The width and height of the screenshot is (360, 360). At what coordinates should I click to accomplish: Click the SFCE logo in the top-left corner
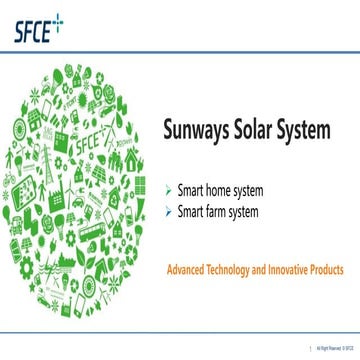(32, 27)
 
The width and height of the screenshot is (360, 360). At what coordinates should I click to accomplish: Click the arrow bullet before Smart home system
(167, 188)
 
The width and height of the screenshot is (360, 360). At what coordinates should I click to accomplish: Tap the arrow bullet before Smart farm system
(167, 211)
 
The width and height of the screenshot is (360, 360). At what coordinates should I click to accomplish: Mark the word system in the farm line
(245, 211)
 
